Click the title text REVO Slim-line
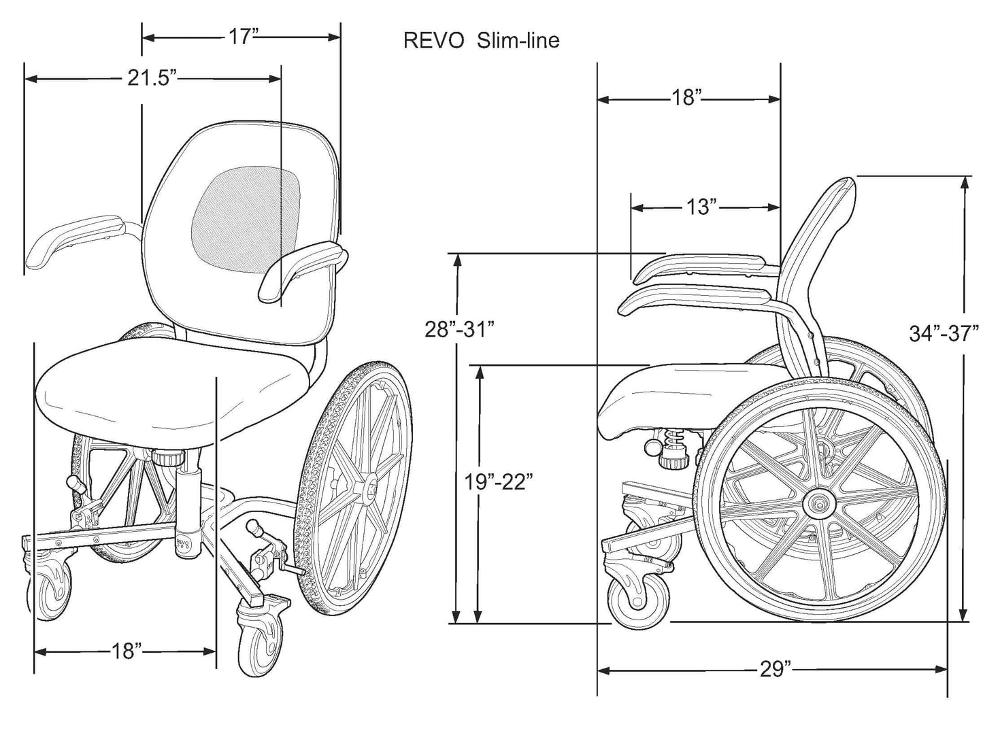coord(481,41)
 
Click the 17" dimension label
coord(240,37)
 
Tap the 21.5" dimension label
coord(152,78)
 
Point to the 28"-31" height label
coord(459,330)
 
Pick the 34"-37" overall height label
coord(944,334)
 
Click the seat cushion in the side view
coord(673,394)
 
